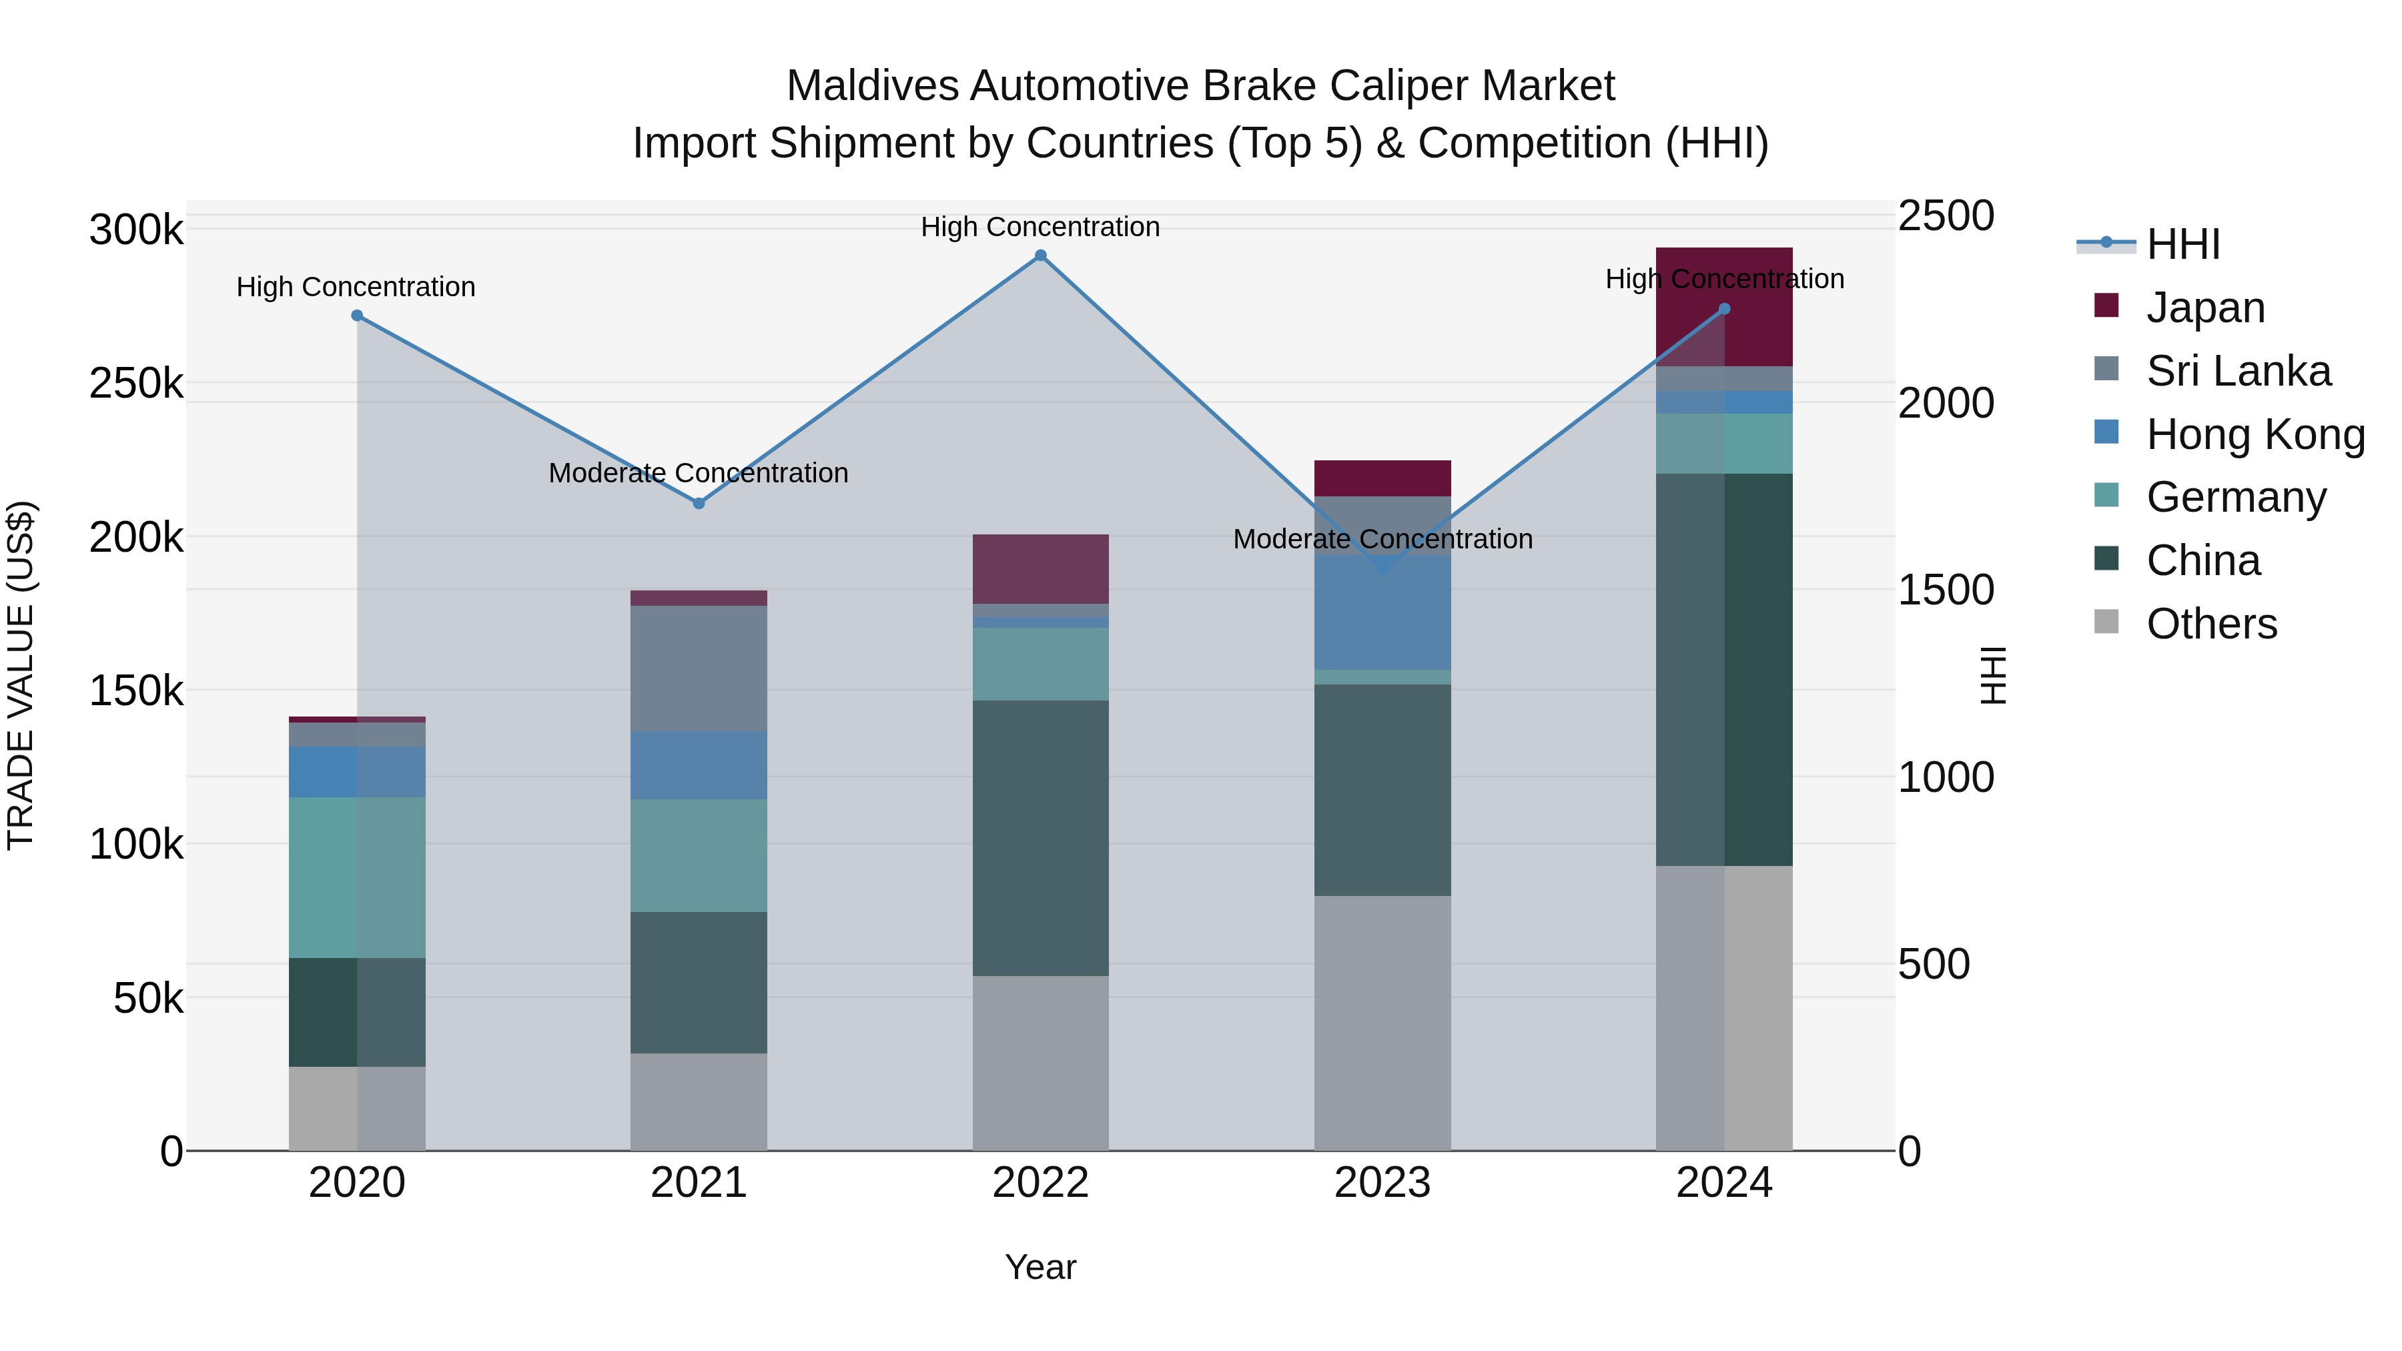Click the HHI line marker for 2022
point(1041,256)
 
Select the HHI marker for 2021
point(699,504)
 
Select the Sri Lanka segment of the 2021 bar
point(699,668)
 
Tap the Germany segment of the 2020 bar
point(357,877)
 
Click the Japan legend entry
point(2205,308)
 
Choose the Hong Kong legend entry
point(2255,434)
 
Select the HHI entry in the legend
point(2182,244)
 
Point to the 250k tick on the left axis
point(136,383)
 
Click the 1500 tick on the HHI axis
point(1946,590)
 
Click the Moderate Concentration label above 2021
point(699,473)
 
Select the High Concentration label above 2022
point(1041,227)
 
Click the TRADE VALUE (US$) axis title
point(21,675)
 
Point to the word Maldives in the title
point(872,86)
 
